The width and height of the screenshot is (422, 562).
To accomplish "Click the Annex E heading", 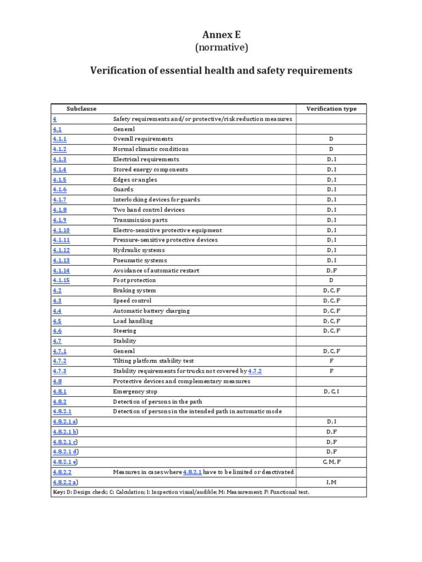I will pos(221,34).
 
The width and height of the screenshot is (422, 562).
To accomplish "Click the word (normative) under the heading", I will pos(221,48).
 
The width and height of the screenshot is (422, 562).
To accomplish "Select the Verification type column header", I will pos(331,109).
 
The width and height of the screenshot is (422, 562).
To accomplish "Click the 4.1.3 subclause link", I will pos(59,159).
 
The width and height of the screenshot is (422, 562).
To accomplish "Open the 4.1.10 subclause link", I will pos(61,230).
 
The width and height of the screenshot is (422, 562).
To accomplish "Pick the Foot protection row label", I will pos(134,280).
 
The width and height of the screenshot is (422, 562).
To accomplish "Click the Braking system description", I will pos(134,290).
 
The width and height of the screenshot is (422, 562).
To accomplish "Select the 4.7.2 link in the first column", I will pos(59,361).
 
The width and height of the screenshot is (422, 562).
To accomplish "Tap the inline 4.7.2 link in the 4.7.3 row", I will pos(255,372).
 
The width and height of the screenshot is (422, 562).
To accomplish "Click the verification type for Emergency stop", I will pos(331,391).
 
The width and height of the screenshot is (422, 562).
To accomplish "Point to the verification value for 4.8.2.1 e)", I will pos(331,462).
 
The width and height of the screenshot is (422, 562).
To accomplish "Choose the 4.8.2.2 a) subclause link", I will pos(65,482).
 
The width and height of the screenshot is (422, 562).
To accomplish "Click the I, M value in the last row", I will pos(331,482).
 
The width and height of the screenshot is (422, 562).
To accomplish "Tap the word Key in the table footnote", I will pos(59,492).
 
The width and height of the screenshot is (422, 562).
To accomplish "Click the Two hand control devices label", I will pos(148,210).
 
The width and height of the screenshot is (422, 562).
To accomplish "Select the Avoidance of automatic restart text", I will pos(156,271).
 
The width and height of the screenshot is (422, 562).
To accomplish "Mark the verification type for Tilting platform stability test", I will pos(331,361).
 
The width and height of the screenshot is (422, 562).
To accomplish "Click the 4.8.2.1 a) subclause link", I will pos(65,421).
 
